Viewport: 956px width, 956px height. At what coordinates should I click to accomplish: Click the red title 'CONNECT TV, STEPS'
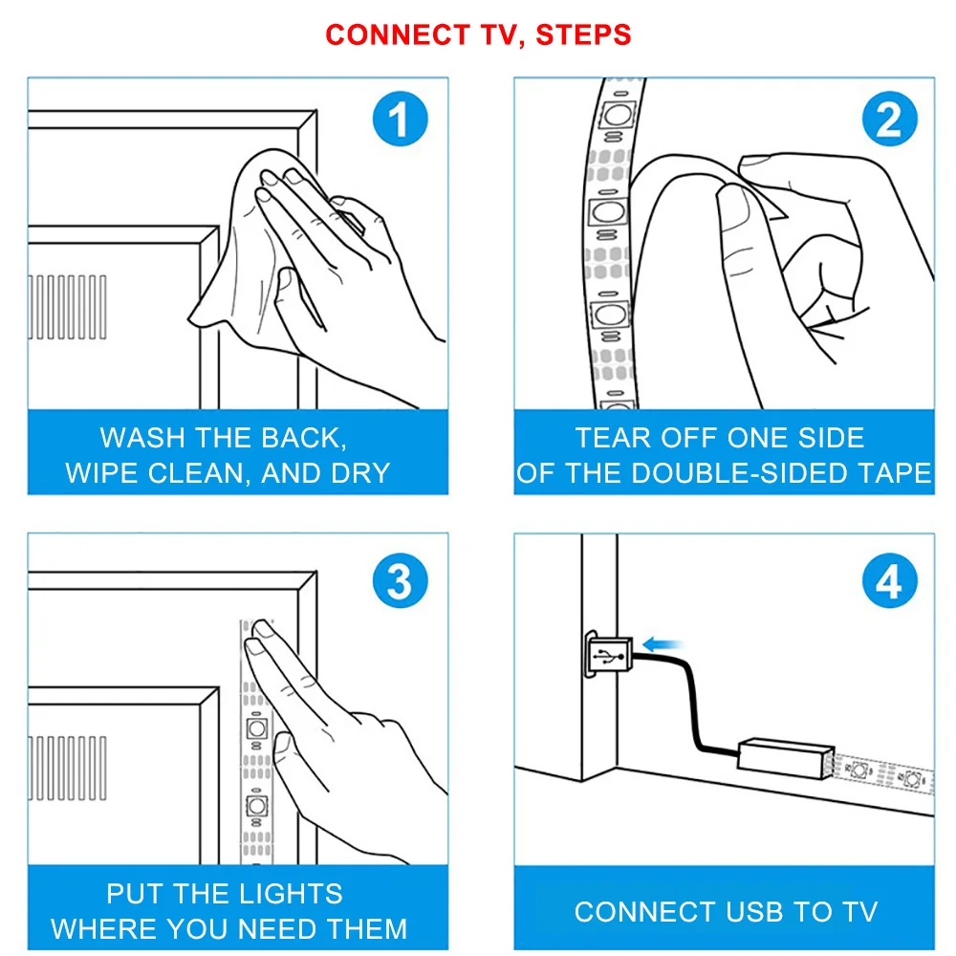point(478,34)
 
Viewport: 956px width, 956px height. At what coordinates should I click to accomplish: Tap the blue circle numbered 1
point(400,119)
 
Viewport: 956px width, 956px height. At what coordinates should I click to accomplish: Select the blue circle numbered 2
point(889,119)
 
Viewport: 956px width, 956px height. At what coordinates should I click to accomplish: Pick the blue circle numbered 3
point(400,580)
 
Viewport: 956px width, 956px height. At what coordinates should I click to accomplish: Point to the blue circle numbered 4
point(889,580)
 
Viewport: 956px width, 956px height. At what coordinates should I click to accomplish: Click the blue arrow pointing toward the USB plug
point(663,643)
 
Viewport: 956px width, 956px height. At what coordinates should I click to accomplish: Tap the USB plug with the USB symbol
point(608,654)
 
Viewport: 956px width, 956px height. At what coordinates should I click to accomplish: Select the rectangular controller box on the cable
point(785,758)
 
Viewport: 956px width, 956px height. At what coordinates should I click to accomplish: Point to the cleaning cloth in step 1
point(256,244)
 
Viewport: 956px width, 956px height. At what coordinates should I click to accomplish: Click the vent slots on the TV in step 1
point(67,307)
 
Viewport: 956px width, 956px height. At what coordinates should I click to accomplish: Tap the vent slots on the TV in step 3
point(67,769)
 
